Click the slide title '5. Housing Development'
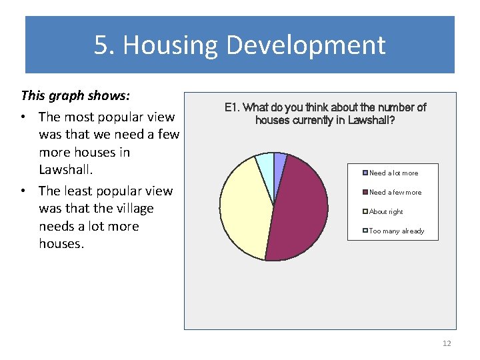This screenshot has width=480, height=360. point(239,45)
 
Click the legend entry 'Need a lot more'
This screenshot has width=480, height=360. point(393,173)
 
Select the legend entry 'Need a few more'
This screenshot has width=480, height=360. point(395,193)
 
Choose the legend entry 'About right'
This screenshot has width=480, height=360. point(386,212)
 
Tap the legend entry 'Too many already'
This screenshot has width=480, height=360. point(396,231)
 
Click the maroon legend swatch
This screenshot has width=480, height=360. point(365,193)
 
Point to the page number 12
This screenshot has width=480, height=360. point(446,343)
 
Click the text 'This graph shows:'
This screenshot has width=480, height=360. point(75,95)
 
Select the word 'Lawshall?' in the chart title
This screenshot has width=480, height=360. point(371,121)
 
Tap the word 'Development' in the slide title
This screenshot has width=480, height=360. point(305,45)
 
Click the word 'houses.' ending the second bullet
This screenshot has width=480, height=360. point(61,244)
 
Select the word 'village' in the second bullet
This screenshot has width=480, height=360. point(131,209)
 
